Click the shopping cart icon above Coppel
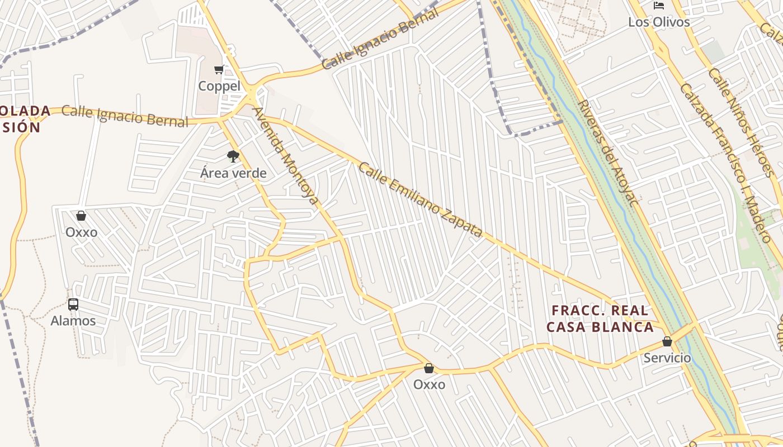(219, 70)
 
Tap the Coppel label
(219, 86)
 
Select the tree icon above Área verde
(233, 156)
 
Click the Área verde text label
(233, 173)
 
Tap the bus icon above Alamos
(73, 305)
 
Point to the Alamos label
(73, 321)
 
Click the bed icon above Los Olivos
(659, 6)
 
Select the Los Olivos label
(659, 22)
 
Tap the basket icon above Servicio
(667, 341)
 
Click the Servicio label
(667, 358)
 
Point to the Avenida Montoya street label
(285, 156)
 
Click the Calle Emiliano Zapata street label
(420, 199)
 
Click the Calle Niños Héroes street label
(742, 122)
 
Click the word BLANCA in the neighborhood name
(626, 327)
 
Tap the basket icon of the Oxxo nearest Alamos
(81, 216)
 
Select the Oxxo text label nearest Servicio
(429, 384)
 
